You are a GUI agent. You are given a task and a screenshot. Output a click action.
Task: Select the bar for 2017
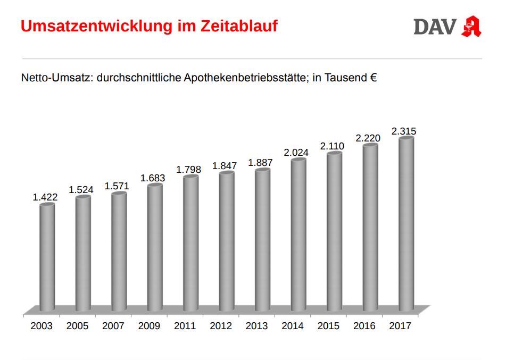coord(407,223)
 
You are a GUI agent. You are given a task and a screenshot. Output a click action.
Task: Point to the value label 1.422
coord(45,197)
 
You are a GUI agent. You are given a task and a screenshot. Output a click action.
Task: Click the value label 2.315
coord(404,131)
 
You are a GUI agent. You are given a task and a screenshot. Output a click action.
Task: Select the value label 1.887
coord(261,163)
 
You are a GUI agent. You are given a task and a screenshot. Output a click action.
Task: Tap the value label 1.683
coord(153,178)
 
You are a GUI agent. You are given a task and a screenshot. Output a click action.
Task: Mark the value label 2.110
coord(332,146)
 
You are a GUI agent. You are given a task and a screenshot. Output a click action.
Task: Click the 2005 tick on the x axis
coord(78,326)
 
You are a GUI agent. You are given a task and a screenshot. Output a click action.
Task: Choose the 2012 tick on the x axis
coord(221,326)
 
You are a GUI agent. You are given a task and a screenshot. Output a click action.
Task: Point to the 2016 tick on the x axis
coord(364,326)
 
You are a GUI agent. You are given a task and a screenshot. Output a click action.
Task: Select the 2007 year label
coord(113,326)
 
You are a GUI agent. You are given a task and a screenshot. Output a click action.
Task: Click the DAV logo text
coord(435,27)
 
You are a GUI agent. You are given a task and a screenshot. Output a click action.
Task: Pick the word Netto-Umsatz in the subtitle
coord(55,78)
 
